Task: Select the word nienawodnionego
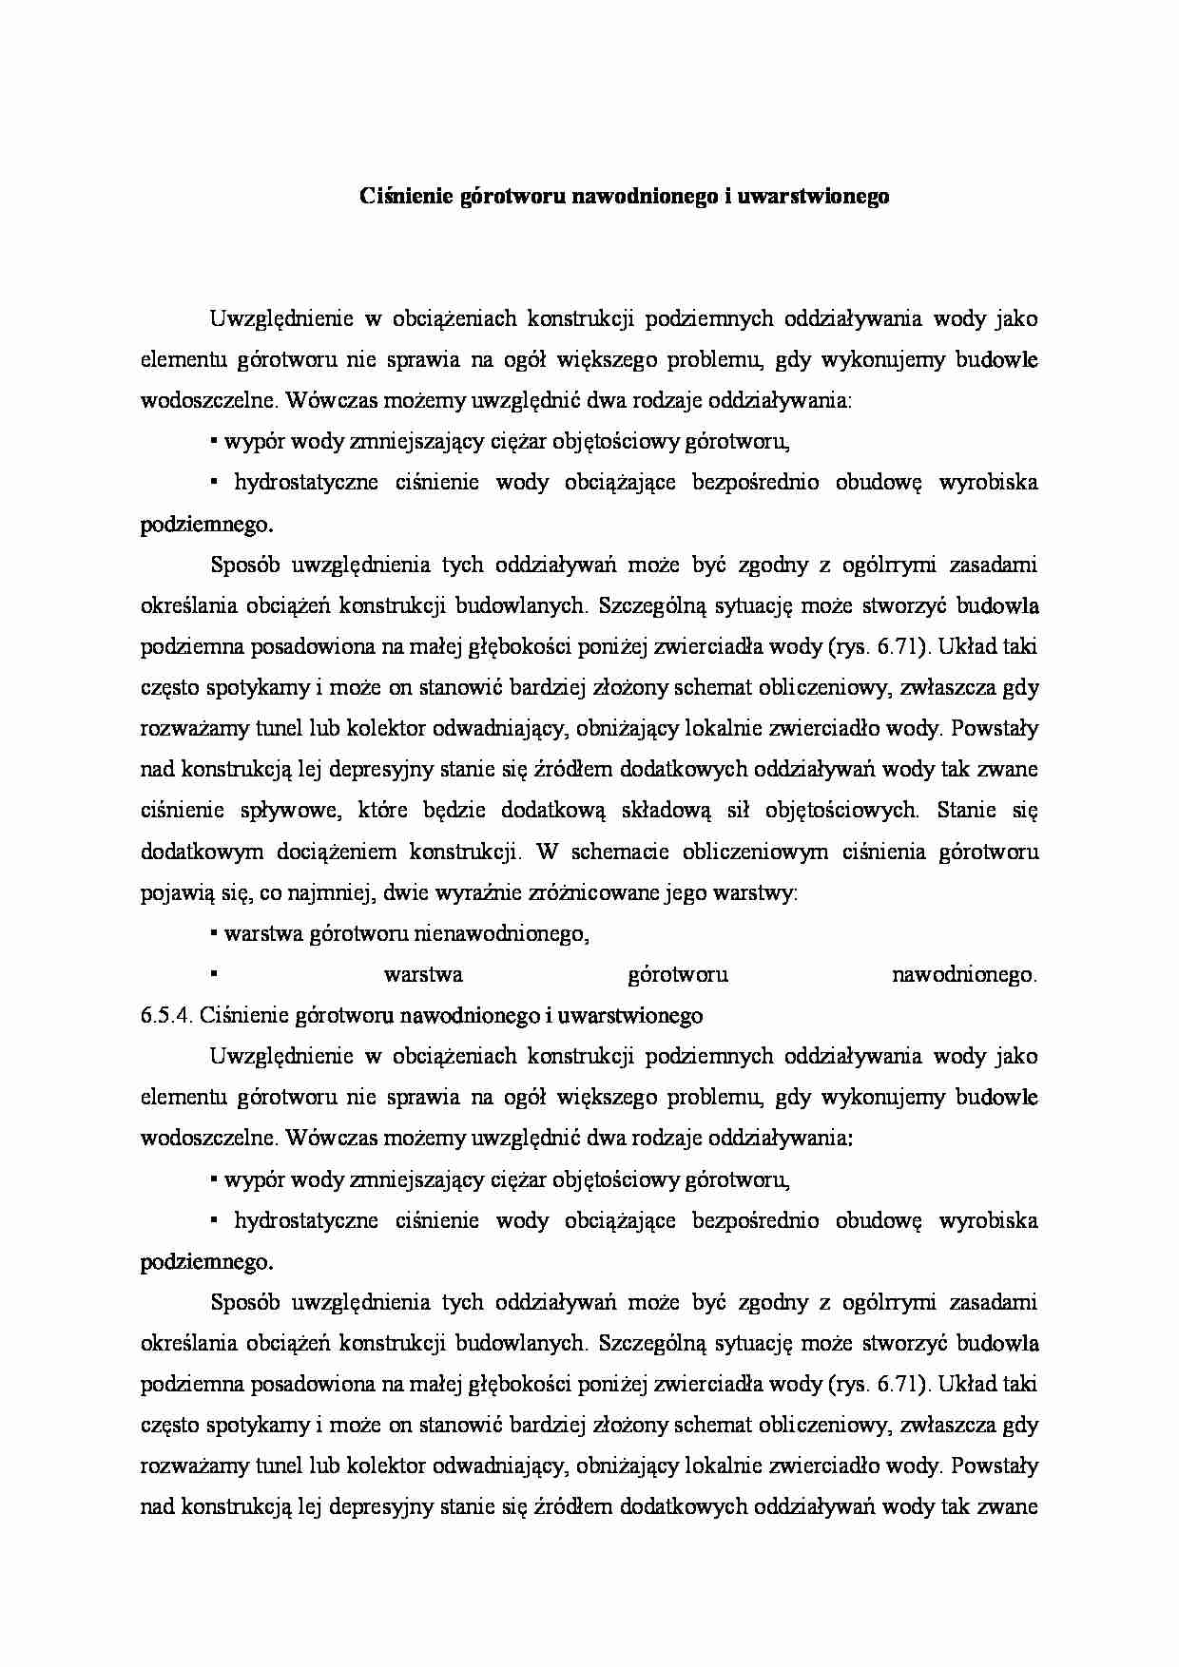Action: pos(501,933)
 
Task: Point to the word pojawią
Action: pos(174,892)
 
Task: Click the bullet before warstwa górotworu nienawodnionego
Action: pos(215,933)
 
